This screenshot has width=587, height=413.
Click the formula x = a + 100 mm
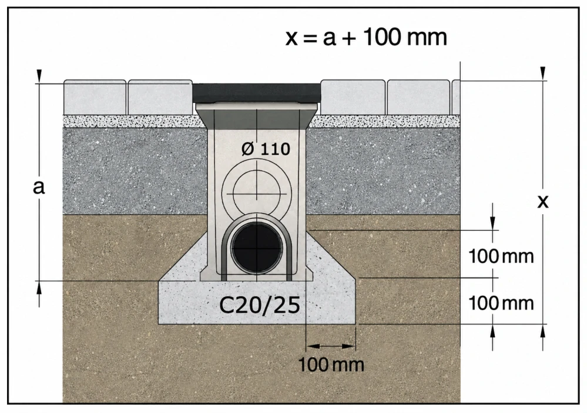pos(366,38)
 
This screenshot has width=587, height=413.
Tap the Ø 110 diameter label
pos(266,149)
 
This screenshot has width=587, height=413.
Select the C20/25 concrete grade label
pos(260,305)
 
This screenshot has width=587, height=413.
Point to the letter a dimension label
pos(39,186)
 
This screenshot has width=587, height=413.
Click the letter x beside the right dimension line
pos(543,202)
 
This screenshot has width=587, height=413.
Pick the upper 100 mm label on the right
pos(501,257)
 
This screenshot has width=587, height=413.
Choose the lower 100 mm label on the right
pos(501,303)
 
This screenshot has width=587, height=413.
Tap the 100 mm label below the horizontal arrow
pos(331,364)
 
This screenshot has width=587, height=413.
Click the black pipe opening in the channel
pos(257,248)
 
